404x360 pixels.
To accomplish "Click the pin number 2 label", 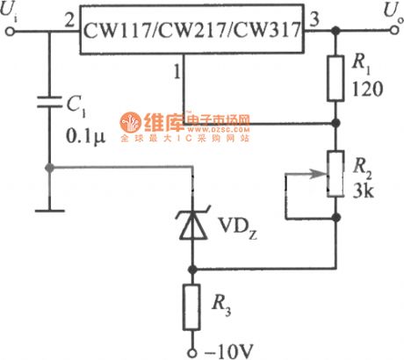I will coord(69,18).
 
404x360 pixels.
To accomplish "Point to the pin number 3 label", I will coord(315,17).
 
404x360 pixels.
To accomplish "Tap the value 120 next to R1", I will coord(367,90).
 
